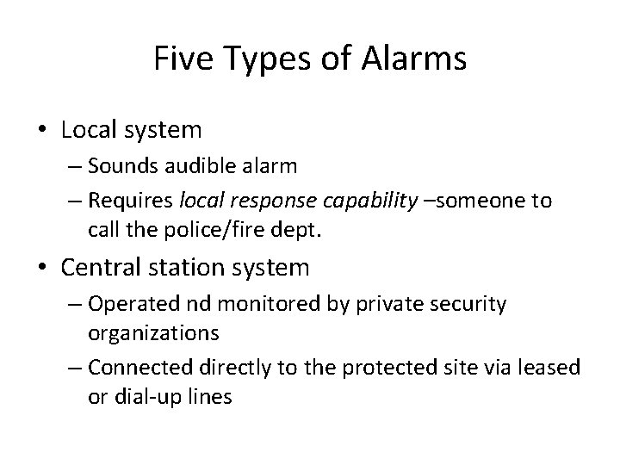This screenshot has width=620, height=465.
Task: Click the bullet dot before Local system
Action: tap(41, 130)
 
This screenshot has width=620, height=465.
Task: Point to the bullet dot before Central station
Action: tap(41, 268)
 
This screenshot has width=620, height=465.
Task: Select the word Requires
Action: tap(129, 201)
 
